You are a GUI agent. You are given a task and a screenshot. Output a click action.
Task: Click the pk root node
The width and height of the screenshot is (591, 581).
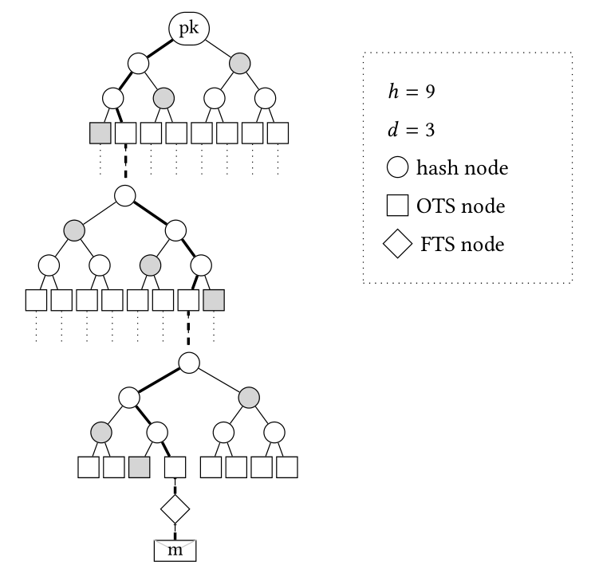(188, 29)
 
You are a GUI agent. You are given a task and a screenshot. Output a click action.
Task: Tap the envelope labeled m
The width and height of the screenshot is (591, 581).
(175, 551)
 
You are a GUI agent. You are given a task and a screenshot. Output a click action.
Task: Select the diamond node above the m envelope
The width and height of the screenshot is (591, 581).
(175, 508)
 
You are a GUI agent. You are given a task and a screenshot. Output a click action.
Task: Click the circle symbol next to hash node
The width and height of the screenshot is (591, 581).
(398, 168)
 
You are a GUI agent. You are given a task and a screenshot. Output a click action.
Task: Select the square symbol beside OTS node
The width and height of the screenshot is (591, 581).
(398, 206)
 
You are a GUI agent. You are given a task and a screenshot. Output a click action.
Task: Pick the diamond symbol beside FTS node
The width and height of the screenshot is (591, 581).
(398, 245)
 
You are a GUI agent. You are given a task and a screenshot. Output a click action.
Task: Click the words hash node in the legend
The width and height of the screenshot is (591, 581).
(462, 168)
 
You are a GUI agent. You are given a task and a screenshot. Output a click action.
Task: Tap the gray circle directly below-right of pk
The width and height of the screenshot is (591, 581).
(239, 61)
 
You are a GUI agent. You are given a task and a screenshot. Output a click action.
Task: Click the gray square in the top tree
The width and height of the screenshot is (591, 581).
(100, 132)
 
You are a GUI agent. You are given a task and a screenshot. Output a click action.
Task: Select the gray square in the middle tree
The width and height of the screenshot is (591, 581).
(214, 300)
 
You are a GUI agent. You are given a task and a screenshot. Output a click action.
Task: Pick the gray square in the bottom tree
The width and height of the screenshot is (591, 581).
(139, 466)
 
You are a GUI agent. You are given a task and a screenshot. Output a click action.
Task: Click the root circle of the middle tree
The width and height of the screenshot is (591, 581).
(124, 194)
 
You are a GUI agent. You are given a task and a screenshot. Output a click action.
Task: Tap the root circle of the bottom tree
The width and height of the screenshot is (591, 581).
(188, 363)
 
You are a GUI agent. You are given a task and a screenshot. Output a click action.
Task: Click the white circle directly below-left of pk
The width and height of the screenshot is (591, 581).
(137, 61)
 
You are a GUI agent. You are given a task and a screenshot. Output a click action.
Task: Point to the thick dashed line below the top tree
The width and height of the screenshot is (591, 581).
(125, 165)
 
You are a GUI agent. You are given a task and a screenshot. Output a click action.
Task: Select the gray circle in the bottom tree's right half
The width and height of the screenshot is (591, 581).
(248, 396)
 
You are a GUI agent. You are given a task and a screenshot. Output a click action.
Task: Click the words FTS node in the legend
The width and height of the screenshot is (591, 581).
(463, 245)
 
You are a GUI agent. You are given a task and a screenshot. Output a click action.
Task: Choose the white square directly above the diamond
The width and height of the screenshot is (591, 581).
(175, 466)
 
